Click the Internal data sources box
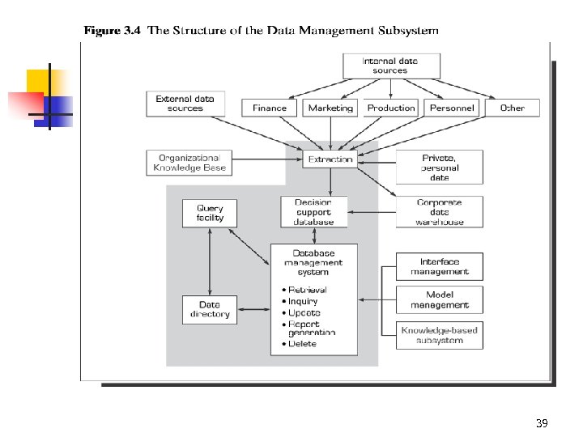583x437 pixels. (x=391, y=66)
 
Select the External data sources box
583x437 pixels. (x=185, y=104)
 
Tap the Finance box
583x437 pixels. (x=270, y=108)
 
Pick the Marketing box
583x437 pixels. (x=330, y=108)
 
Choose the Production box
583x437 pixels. (x=391, y=108)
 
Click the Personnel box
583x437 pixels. (x=453, y=108)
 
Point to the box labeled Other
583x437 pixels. (x=512, y=108)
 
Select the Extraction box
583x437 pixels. (x=330, y=159)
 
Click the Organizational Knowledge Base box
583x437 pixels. (x=189, y=163)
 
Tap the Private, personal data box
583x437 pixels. (x=440, y=167)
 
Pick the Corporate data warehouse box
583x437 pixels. (x=440, y=212)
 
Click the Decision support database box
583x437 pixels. (x=313, y=212)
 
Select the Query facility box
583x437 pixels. (x=210, y=213)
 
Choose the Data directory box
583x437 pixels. (x=210, y=309)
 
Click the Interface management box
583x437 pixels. (x=440, y=266)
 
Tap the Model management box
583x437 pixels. (x=440, y=299)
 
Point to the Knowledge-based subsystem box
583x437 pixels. (x=440, y=335)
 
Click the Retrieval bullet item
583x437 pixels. (x=307, y=290)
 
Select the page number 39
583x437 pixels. (x=542, y=424)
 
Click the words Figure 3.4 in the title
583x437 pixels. (x=113, y=31)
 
